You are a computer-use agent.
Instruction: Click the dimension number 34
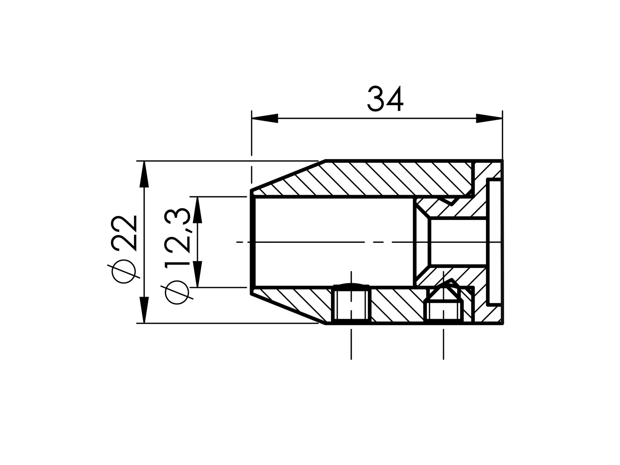pos(385,99)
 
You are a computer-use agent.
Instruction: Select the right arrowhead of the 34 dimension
pos(489,118)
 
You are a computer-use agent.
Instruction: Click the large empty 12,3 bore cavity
pos(332,242)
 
